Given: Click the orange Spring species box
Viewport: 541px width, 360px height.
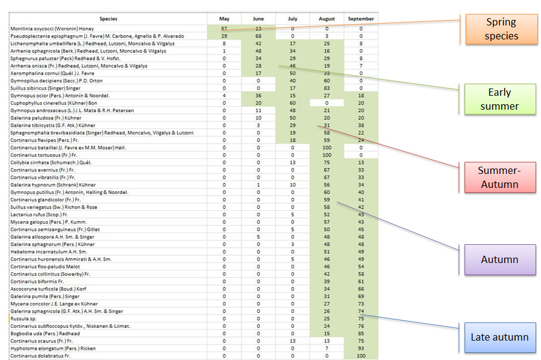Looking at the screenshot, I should (501, 29).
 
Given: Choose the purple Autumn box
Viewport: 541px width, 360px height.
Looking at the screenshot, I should (499, 259).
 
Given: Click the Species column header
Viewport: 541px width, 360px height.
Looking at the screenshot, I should (109, 19).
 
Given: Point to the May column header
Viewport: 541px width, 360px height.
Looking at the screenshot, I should (224, 19).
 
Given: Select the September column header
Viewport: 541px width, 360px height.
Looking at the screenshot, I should (361, 19).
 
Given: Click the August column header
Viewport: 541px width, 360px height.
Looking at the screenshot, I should (326, 19).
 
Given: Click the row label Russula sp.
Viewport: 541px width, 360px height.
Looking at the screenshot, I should (24, 319).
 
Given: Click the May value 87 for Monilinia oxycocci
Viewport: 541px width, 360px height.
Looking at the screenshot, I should (224, 28).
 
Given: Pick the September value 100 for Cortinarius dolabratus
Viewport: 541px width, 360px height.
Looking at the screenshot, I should (361, 356).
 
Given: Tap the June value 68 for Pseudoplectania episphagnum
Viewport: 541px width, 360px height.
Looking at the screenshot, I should (258, 36).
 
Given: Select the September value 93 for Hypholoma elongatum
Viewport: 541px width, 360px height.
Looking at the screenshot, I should (361, 348).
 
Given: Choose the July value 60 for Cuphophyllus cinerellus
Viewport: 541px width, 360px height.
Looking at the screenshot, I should (292, 103).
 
